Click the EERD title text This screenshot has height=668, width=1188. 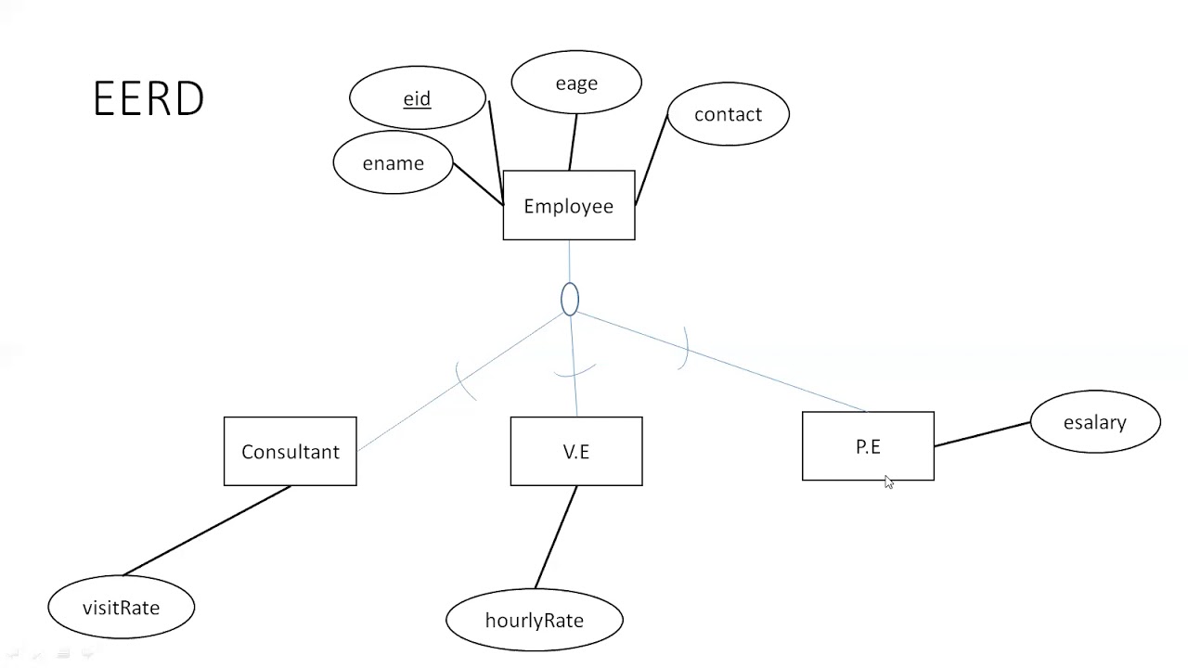[x=148, y=98]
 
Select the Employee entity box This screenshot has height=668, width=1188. [x=569, y=205]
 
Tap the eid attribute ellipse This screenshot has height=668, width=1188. [x=418, y=97]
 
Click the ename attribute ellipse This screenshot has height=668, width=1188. [x=393, y=162]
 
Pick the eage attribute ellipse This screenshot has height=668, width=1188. [x=576, y=83]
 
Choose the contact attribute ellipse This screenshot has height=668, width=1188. [x=729, y=113]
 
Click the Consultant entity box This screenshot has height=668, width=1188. [x=291, y=451]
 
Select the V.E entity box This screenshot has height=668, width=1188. [x=576, y=451]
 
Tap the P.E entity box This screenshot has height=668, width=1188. [x=868, y=446]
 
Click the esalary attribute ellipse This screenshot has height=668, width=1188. [x=1095, y=422]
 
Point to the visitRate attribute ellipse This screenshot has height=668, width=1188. [x=122, y=607]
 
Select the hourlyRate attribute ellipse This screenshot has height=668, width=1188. [x=535, y=620]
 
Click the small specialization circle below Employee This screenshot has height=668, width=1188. [x=570, y=299]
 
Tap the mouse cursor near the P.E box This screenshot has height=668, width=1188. [x=889, y=482]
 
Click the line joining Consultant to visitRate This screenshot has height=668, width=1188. [x=207, y=531]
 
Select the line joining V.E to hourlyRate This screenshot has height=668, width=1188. [x=556, y=537]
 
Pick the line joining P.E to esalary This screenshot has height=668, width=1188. [x=982, y=434]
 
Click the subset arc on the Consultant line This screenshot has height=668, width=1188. [x=465, y=381]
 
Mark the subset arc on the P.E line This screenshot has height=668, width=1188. [x=684, y=348]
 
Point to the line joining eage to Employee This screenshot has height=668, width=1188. [x=573, y=142]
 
